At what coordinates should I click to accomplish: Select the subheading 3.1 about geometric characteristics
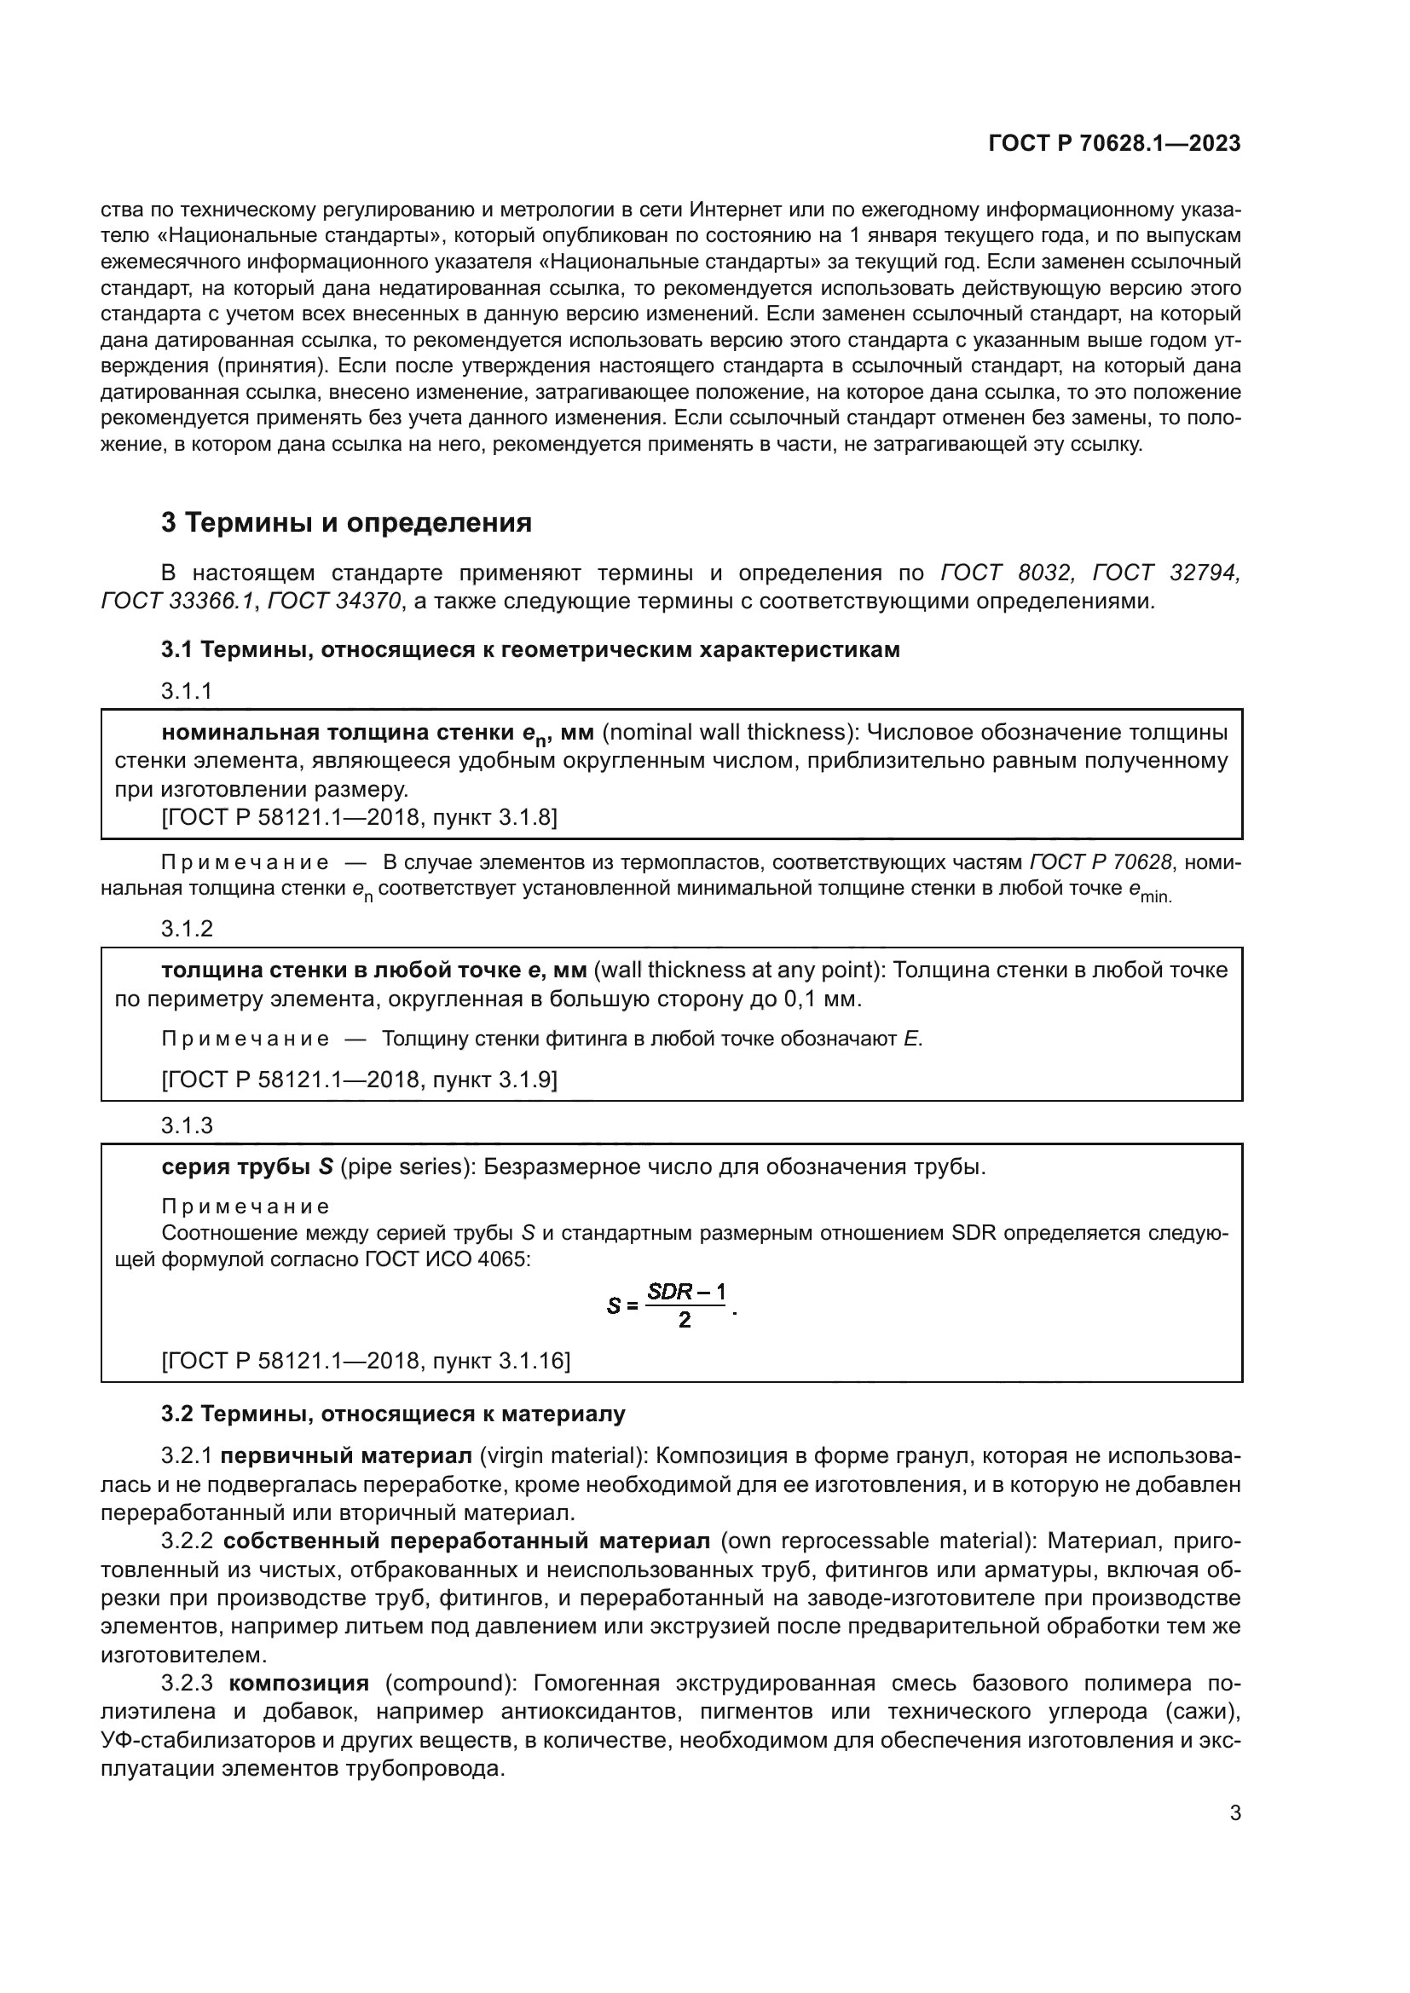pos(529,649)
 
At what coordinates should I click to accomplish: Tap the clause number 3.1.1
pos(187,691)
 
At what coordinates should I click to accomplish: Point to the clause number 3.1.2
pos(187,929)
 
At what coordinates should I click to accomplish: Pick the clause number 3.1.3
pos(187,1126)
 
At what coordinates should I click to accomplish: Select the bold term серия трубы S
pos(247,1166)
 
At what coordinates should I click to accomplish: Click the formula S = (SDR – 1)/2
pos(672,1305)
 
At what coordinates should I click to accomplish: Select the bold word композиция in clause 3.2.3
pos(298,1684)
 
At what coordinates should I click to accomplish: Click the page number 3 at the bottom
pos(1234,1813)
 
